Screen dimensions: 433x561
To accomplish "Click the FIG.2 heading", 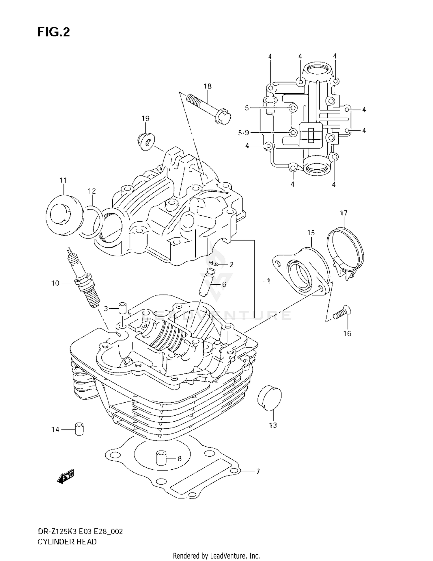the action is point(54,32).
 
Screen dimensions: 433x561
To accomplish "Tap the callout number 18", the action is point(207,86).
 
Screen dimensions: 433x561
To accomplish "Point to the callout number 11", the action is point(63,180).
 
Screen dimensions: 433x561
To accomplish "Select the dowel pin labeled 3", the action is point(122,308).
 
